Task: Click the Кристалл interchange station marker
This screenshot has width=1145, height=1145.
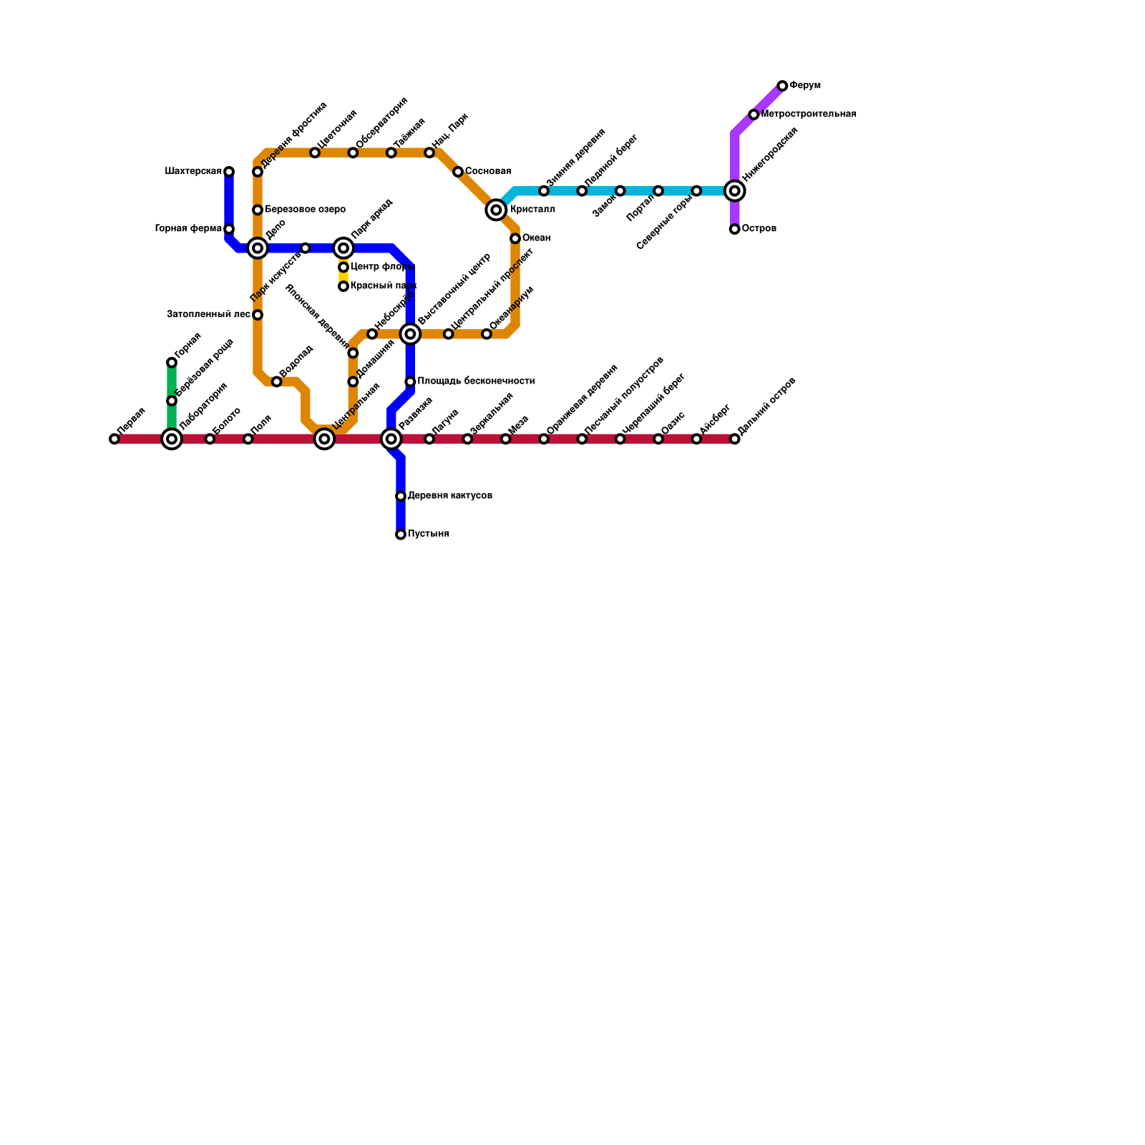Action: (x=496, y=210)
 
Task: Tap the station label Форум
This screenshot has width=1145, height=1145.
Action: (x=805, y=86)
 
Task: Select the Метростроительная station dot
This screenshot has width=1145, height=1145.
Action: (x=754, y=114)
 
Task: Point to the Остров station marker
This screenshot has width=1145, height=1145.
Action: (x=734, y=229)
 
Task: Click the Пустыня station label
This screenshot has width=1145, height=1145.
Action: (x=428, y=534)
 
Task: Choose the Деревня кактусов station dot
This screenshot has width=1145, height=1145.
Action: (x=401, y=496)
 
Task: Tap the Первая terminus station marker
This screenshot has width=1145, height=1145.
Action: (x=114, y=439)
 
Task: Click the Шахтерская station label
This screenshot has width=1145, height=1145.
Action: (x=193, y=172)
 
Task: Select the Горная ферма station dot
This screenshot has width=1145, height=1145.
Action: (x=229, y=229)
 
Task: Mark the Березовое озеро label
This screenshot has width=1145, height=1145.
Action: (x=305, y=210)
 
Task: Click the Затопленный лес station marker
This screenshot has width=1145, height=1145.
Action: (x=258, y=315)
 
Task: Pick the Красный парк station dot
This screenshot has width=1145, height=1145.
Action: (x=343, y=286)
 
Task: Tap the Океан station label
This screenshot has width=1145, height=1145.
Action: (x=536, y=238)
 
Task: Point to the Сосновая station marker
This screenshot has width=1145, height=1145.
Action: (x=458, y=172)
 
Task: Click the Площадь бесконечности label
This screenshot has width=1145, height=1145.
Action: (x=476, y=381)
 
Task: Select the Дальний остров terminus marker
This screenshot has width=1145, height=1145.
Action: (x=734, y=439)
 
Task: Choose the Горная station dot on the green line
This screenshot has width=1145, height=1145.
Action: (x=172, y=363)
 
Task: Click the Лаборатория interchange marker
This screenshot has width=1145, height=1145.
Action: (x=172, y=439)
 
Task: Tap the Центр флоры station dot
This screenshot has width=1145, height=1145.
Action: (x=343, y=267)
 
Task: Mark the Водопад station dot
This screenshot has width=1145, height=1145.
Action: (x=277, y=381)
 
